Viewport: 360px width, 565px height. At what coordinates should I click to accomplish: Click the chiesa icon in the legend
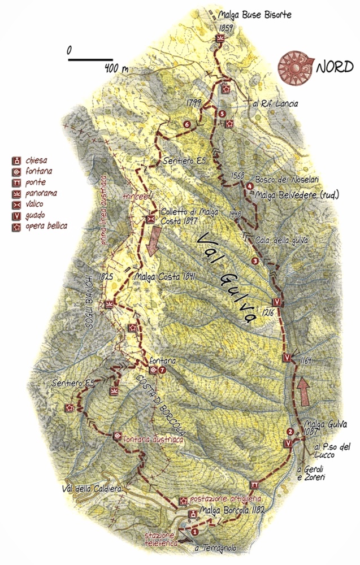click(x=18, y=159)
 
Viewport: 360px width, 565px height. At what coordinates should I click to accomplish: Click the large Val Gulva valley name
click(x=227, y=277)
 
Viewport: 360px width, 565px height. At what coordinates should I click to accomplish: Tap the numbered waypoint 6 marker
click(x=186, y=124)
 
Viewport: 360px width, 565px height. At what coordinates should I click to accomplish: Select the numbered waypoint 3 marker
click(x=255, y=260)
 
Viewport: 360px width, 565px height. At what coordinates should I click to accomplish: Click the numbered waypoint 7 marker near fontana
click(x=162, y=370)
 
